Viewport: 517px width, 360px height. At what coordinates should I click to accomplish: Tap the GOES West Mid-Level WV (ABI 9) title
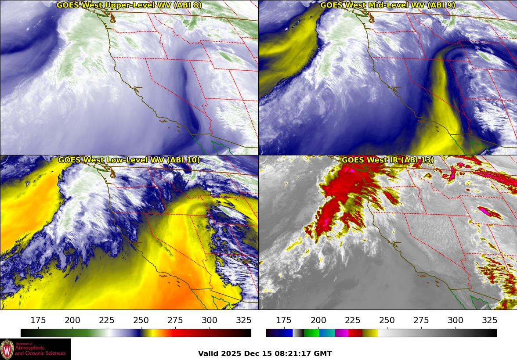[x=387, y=5]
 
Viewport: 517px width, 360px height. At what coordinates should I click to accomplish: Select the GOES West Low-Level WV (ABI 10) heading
[x=129, y=160]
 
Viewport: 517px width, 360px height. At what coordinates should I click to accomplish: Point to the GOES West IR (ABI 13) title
[x=387, y=160]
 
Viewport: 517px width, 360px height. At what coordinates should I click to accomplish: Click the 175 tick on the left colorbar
[x=38, y=320]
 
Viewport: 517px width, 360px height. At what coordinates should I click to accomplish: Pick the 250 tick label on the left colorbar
[x=141, y=320]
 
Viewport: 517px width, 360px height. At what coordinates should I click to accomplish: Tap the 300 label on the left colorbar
[x=210, y=320]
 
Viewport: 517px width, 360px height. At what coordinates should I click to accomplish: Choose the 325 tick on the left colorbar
[x=244, y=320]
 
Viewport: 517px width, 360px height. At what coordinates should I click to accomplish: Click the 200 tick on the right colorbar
[x=318, y=320]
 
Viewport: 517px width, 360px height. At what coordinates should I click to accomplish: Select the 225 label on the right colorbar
[x=353, y=320]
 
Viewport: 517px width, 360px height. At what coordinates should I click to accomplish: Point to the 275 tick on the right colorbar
[x=421, y=320]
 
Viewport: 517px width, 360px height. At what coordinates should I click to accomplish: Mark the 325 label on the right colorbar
[x=490, y=320]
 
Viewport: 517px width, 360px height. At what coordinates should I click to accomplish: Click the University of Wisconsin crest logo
[x=7, y=349]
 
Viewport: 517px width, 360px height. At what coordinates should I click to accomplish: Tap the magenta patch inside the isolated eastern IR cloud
[x=484, y=211]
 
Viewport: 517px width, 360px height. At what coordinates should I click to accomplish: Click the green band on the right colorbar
[x=311, y=333]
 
